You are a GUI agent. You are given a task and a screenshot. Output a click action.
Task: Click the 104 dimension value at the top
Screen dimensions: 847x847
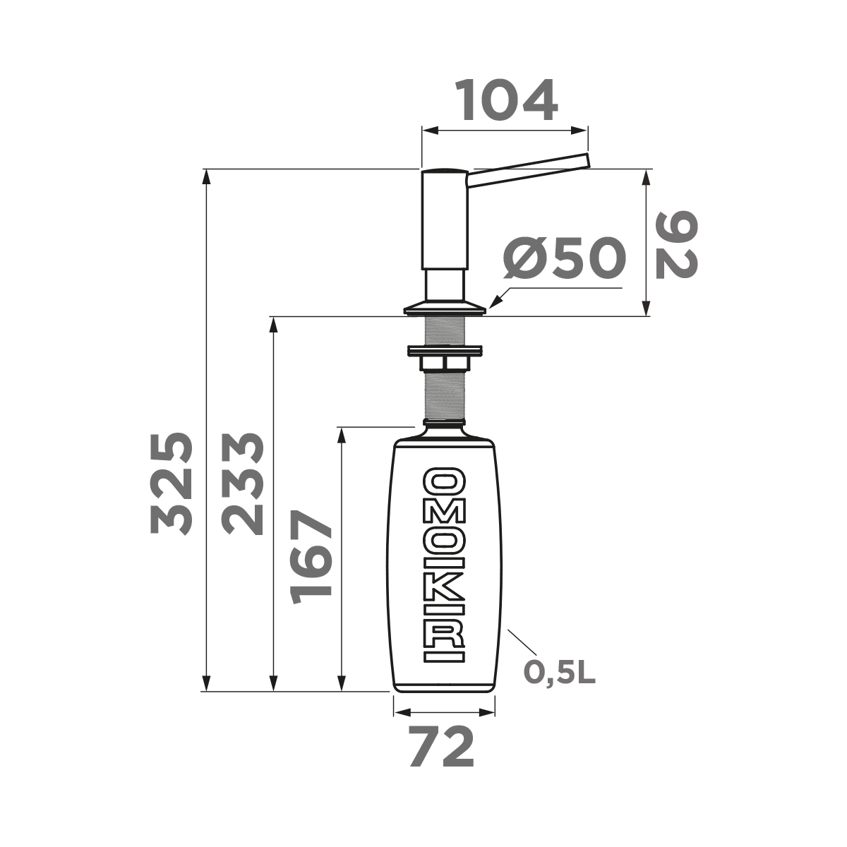(505, 101)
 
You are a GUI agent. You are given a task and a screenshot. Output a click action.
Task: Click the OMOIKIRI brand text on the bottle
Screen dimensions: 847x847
(444, 565)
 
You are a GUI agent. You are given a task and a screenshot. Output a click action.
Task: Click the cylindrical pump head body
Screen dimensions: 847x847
(444, 219)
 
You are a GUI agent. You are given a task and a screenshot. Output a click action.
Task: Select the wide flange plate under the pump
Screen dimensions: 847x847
(444, 308)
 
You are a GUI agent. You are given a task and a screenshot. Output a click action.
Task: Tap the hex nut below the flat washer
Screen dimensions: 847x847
(444, 363)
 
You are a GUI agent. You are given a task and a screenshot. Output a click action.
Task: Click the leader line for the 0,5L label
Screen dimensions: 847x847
(522, 642)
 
